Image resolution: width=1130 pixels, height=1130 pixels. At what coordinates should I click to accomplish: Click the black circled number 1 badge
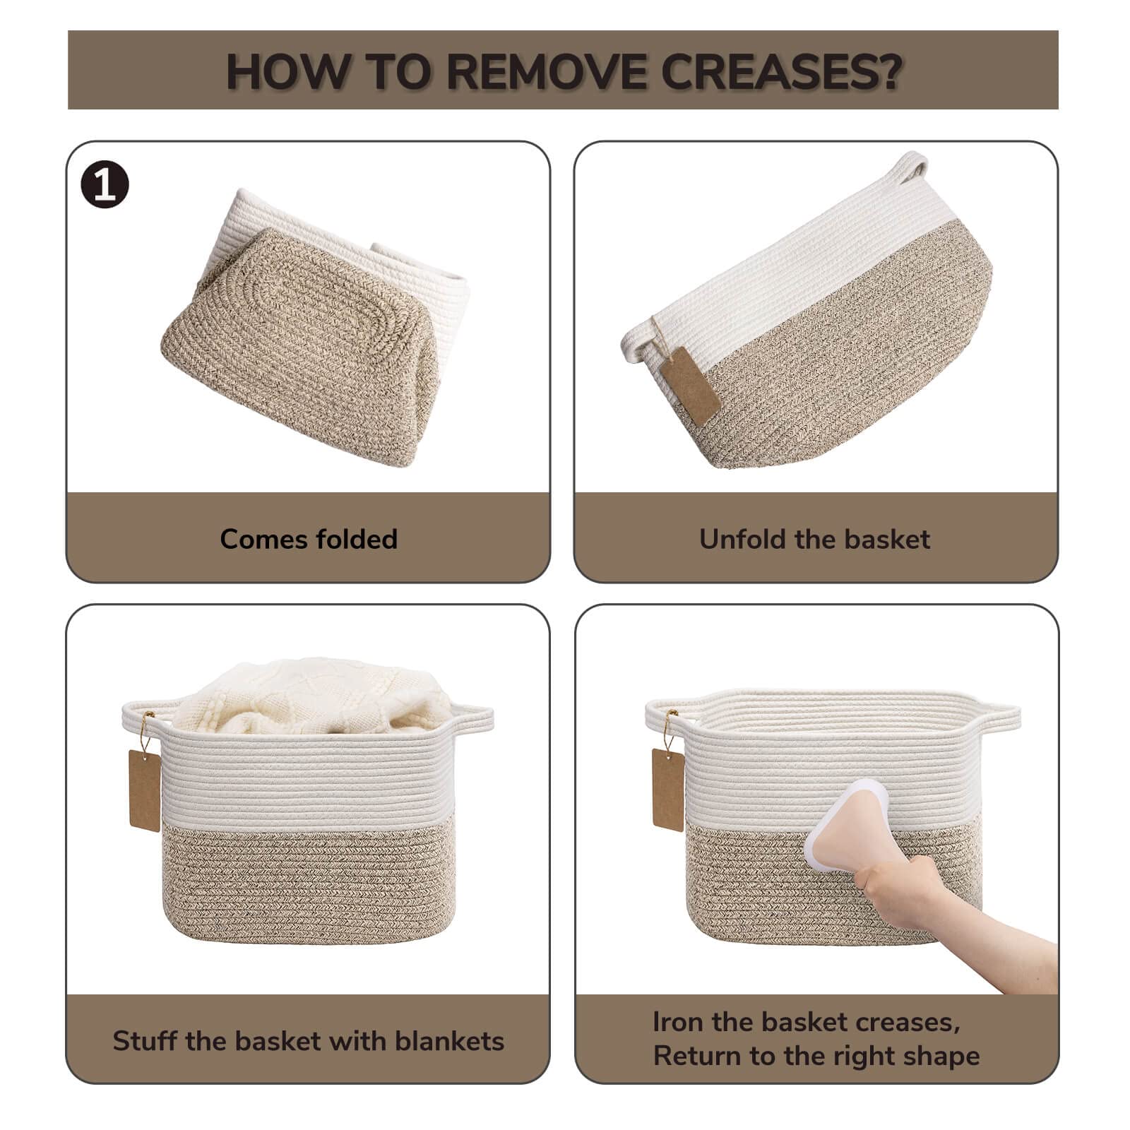(x=105, y=186)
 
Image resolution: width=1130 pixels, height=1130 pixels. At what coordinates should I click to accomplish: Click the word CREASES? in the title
(x=783, y=71)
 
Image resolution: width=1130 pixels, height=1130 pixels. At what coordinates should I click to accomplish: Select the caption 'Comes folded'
(x=309, y=539)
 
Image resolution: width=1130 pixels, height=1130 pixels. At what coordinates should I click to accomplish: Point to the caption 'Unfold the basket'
(x=814, y=539)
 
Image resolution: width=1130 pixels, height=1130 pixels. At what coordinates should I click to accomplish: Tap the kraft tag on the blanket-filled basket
(x=145, y=790)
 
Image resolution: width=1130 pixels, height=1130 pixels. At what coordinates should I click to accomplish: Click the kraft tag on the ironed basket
(x=668, y=790)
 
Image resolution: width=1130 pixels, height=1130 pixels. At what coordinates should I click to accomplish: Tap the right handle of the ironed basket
(x=998, y=717)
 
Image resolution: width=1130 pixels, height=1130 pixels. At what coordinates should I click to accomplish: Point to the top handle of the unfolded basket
(x=910, y=165)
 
